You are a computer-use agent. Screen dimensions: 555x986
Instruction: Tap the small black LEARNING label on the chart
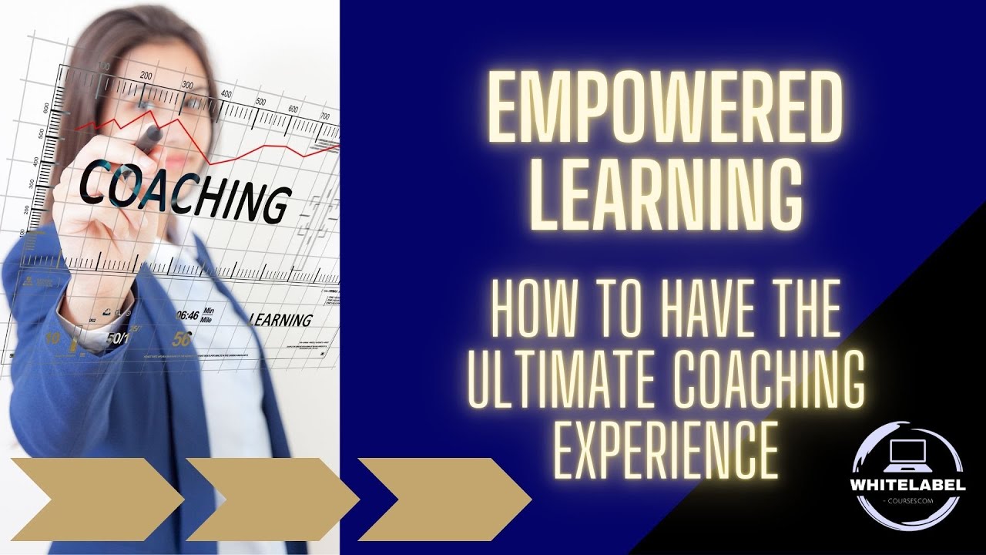coord(281,319)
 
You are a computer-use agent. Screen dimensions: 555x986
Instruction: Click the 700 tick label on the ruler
coord(326,116)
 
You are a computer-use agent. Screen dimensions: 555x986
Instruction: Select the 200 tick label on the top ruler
coord(146,76)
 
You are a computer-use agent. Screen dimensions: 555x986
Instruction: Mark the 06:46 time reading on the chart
coord(189,314)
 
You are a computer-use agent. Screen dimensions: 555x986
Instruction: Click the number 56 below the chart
coord(183,338)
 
